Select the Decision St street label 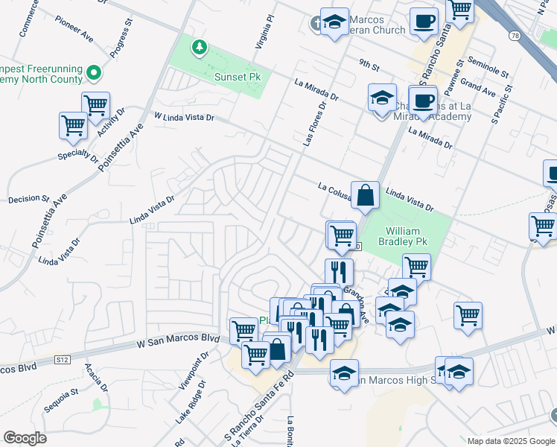[x=28, y=200]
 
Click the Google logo [x=25, y=438]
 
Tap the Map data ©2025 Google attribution [x=510, y=441]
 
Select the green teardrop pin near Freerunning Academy [x=94, y=73]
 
